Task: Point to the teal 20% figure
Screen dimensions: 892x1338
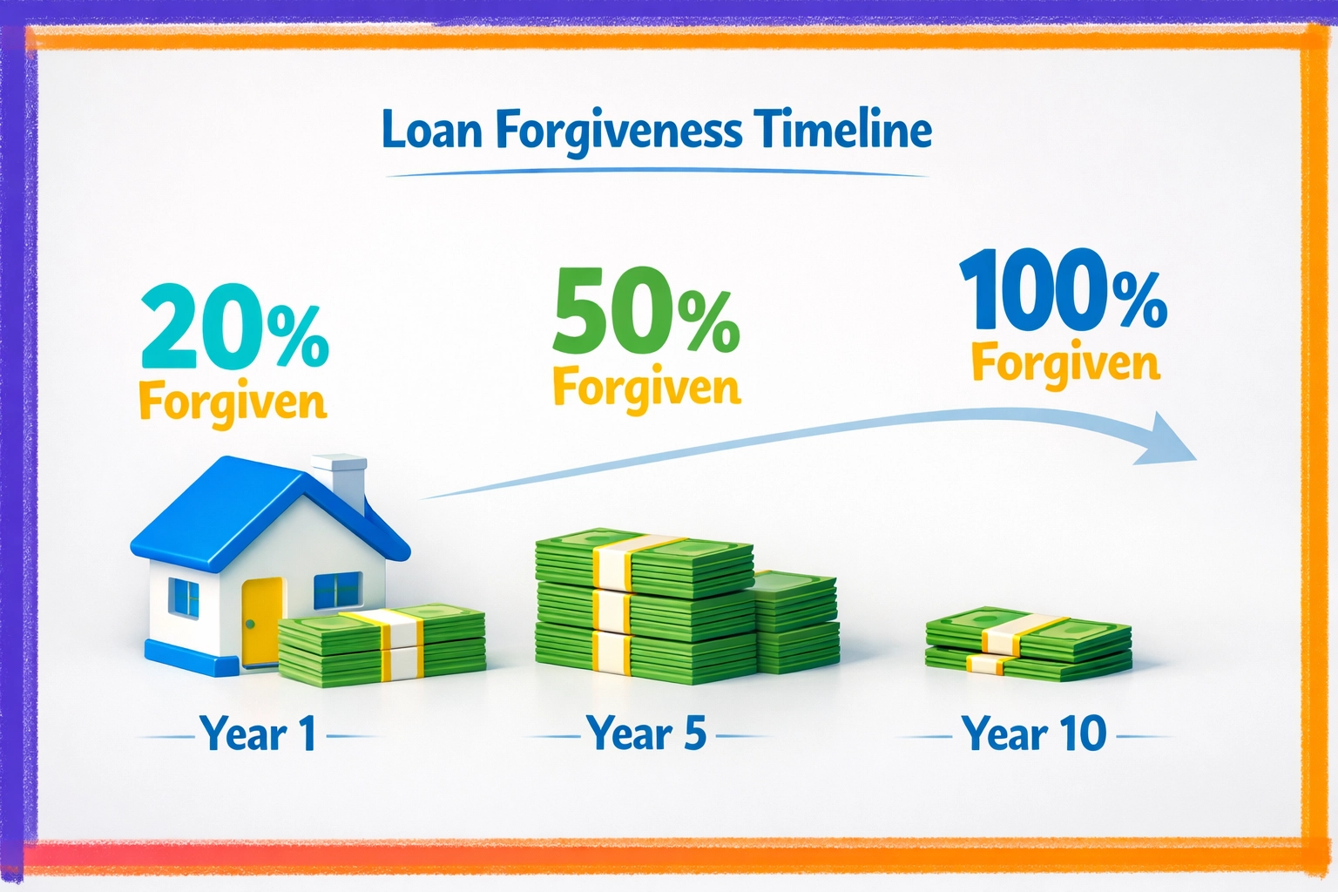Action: point(234,333)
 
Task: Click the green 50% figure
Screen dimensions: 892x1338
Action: point(645,312)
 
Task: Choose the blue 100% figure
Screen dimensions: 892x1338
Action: point(1063,291)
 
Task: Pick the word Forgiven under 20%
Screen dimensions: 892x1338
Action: point(233,402)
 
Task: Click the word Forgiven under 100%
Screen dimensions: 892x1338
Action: point(1065,363)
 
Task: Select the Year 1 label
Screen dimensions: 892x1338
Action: point(258,734)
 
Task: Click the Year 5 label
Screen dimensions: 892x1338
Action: point(645,733)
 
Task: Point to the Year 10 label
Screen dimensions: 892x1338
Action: point(1034,733)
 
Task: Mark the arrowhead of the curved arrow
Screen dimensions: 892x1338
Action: point(1167,440)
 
